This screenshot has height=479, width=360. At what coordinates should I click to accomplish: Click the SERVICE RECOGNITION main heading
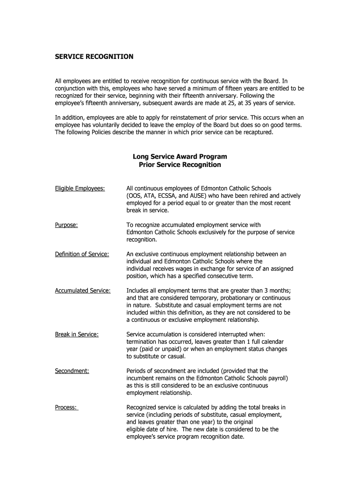pos(94,57)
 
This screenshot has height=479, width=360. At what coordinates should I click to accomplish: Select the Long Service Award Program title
pos(180,157)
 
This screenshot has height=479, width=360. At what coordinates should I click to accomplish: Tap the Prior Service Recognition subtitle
pos(180,165)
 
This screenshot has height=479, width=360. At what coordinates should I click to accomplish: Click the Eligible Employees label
pos(80,188)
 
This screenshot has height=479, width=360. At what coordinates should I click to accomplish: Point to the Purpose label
pos(66,225)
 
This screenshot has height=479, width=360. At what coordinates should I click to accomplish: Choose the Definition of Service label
pos(82,254)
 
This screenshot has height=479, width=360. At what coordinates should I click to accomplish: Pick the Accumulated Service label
pos(83,290)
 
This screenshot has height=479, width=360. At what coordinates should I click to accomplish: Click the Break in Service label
pos(77,334)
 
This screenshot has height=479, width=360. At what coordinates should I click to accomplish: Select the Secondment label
pos(72,371)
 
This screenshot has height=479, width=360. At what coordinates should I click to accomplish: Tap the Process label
pos(66,407)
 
